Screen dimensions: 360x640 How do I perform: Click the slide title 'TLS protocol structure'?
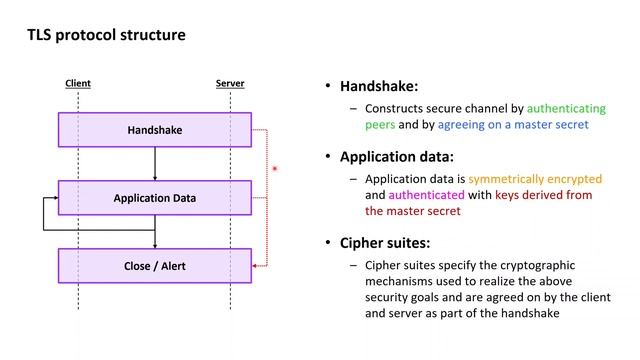105,35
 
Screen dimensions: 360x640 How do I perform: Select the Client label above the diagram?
78,83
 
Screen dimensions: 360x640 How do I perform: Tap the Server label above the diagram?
230,83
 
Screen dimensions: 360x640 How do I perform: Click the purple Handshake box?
154,130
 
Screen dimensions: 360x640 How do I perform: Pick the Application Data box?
154,198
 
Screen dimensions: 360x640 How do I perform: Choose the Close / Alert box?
154,266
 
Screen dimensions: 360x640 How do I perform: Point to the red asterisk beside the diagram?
274,170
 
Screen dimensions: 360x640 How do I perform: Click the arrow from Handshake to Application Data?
155,163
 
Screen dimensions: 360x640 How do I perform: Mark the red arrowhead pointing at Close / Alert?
256,266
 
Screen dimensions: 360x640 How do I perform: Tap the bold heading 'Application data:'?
396,157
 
